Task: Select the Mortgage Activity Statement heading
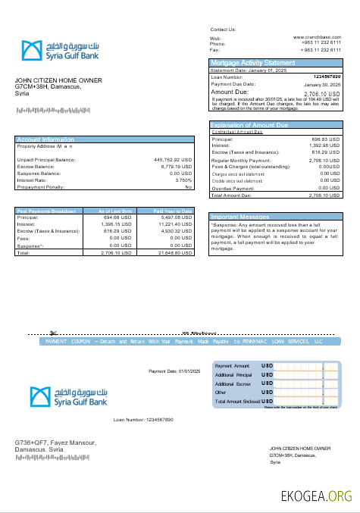(x=252, y=62)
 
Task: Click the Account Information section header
(x=45, y=139)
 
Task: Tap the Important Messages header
(x=240, y=216)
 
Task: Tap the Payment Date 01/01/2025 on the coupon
(x=174, y=371)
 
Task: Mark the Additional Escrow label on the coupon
(x=234, y=384)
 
